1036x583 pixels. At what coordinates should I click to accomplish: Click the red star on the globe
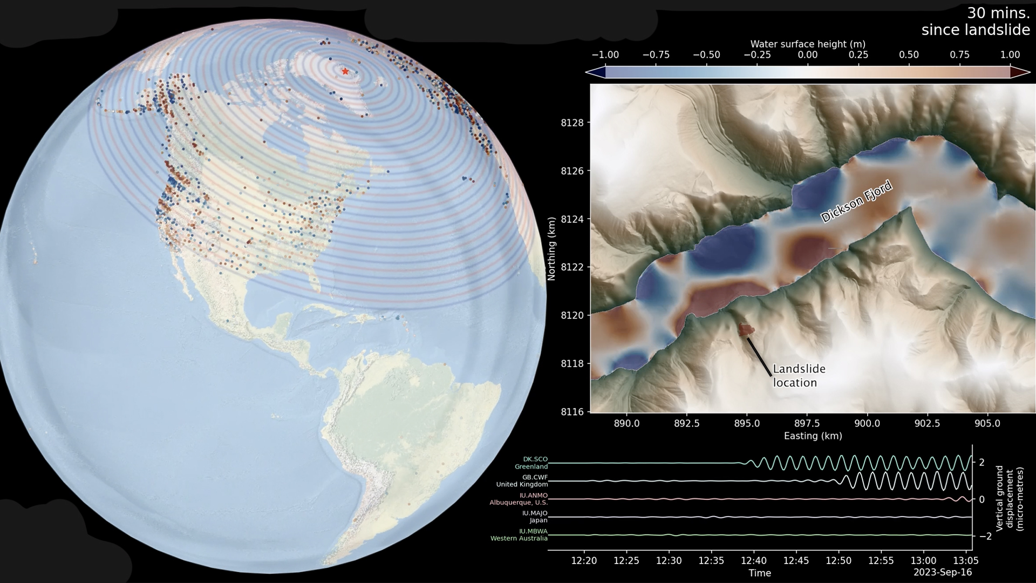(x=345, y=71)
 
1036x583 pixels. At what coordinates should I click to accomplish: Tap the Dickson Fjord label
(x=856, y=202)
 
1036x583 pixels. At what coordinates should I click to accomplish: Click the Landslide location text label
(x=799, y=376)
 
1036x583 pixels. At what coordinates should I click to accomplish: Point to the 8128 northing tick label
(x=572, y=123)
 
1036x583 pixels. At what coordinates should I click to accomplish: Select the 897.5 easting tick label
(x=807, y=423)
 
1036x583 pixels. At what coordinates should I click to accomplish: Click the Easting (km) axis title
(x=813, y=436)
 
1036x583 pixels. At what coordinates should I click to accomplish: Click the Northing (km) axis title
(x=551, y=248)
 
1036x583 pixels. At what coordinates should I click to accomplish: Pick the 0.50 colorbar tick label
(x=909, y=55)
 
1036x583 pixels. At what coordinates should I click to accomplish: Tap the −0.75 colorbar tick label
(x=656, y=55)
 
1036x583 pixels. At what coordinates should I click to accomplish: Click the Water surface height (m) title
(x=807, y=44)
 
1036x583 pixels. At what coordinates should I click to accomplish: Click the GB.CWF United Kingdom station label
(x=522, y=480)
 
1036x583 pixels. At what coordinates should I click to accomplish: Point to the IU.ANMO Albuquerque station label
(x=519, y=499)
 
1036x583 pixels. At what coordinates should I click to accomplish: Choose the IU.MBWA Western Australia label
(x=519, y=534)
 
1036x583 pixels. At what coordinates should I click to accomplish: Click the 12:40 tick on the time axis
(x=754, y=560)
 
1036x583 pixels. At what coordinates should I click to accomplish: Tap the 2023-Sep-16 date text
(x=942, y=572)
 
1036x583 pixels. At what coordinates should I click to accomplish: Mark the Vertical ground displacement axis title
(x=1009, y=498)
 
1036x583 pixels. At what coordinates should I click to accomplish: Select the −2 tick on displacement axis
(x=985, y=536)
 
